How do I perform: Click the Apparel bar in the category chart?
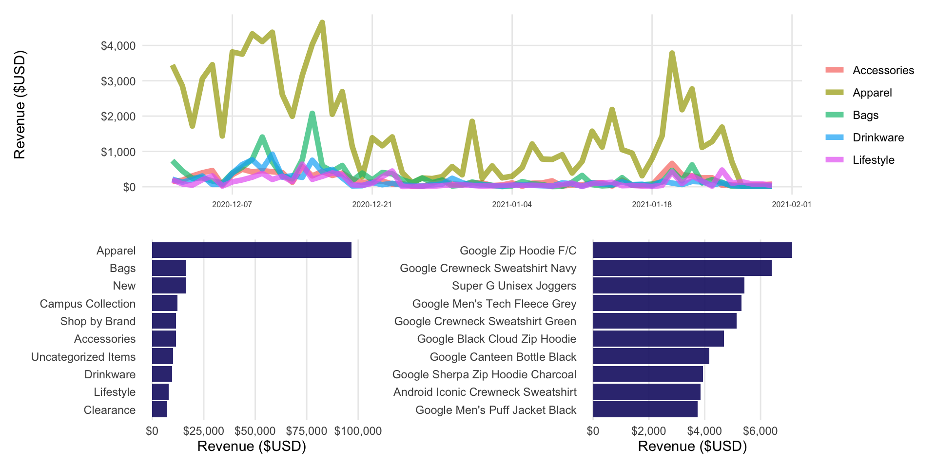tap(252, 250)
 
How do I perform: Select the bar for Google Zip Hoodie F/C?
tap(692, 250)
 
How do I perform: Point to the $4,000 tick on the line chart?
tap(118, 46)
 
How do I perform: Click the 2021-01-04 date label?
tap(511, 204)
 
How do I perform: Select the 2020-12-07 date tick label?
tap(232, 204)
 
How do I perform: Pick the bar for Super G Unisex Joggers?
tap(668, 286)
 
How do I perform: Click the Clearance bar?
tap(159, 410)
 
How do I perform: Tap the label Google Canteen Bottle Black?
tap(503, 357)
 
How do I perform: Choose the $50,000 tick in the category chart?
tap(255, 431)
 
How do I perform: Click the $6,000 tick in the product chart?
tap(760, 431)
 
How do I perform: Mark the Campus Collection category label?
tap(88, 304)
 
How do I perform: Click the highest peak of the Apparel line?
tap(322, 22)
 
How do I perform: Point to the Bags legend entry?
tap(865, 115)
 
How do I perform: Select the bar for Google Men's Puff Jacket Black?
tap(645, 410)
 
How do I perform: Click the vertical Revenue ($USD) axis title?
tap(19, 105)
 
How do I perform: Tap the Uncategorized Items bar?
tap(162, 357)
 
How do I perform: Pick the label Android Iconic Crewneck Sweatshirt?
tap(485, 392)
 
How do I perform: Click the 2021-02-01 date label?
tap(791, 204)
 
